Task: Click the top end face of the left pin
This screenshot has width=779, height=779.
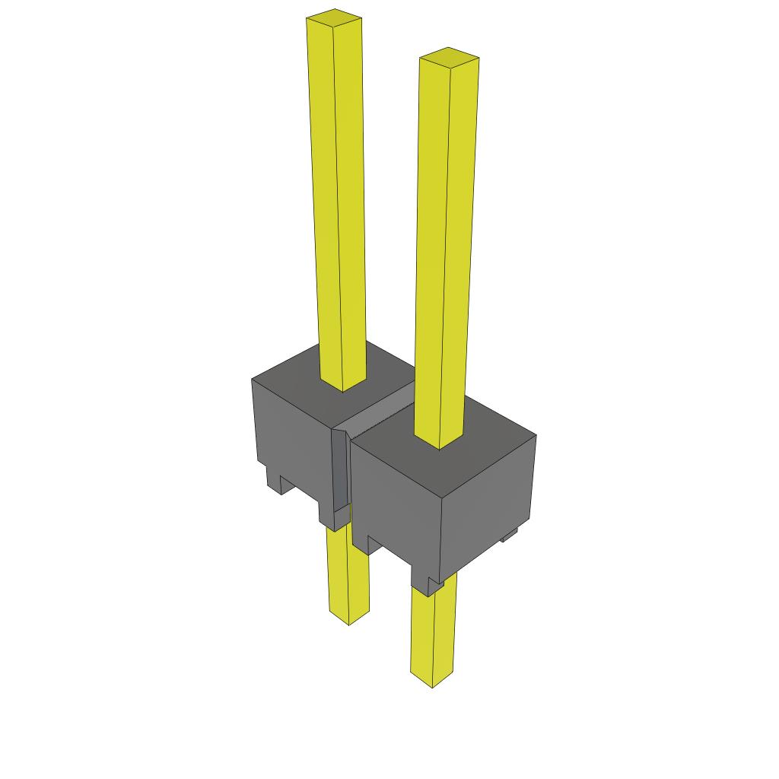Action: (333, 16)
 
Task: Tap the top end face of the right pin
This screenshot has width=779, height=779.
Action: (449, 56)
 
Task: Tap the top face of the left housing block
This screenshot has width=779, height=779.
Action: (304, 373)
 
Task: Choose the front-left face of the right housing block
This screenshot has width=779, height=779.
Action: (396, 494)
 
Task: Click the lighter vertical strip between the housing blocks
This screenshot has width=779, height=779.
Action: (340, 475)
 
